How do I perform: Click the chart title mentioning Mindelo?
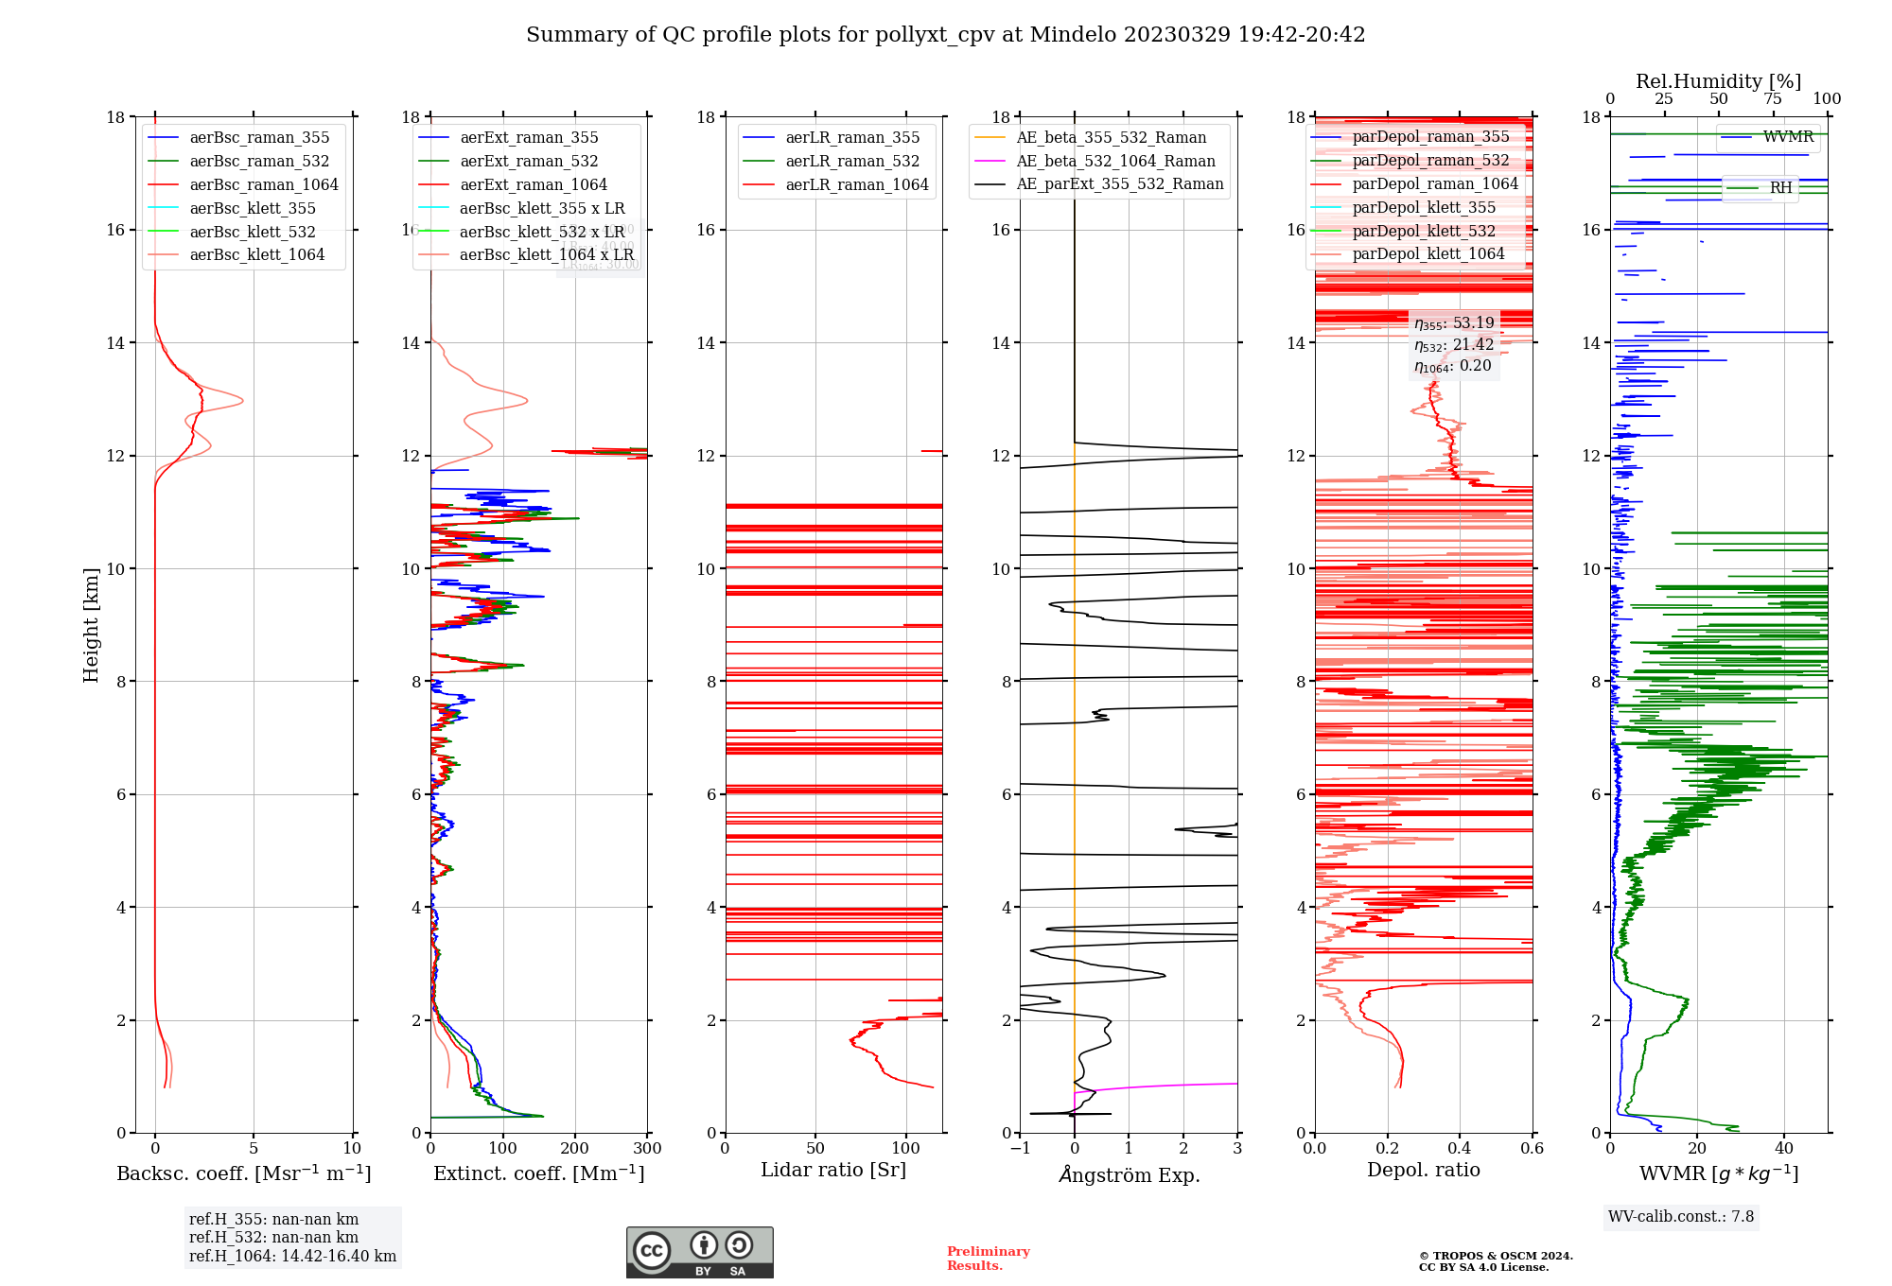click(x=945, y=35)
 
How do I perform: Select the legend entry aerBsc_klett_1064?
click(x=256, y=255)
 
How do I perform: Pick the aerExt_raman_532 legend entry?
click(x=529, y=162)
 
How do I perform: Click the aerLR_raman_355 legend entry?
click(x=851, y=138)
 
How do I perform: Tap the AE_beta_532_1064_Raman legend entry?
click(x=1114, y=162)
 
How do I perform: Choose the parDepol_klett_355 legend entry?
click(x=1424, y=208)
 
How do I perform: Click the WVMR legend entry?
click(x=1787, y=137)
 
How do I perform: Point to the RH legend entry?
click(x=1780, y=188)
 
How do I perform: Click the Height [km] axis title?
click(x=91, y=624)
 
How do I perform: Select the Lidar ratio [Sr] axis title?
click(x=832, y=1171)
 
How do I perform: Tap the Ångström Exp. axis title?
click(x=1129, y=1175)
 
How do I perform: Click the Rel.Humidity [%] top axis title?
click(x=1718, y=81)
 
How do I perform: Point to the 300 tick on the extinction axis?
click(x=647, y=1149)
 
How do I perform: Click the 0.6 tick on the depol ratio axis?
click(x=1532, y=1149)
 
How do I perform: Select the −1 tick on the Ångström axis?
click(x=1020, y=1149)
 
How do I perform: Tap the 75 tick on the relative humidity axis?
click(x=1772, y=99)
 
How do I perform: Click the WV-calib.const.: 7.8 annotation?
click(x=1680, y=1217)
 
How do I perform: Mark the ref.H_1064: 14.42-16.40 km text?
click(x=292, y=1257)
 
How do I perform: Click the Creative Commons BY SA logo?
click(x=699, y=1253)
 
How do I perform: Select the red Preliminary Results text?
click(x=988, y=1259)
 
